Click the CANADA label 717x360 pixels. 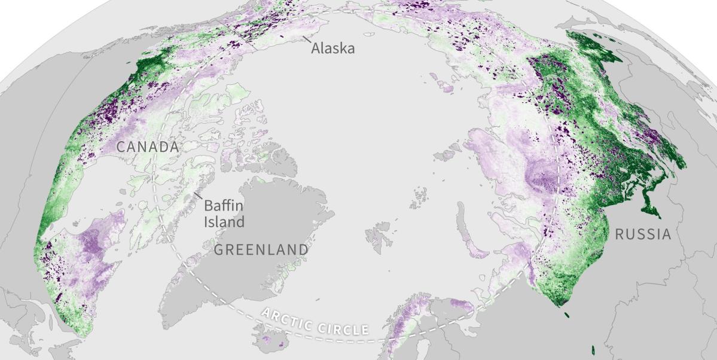pos(147,147)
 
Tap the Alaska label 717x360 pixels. pos(332,48)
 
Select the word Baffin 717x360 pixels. pos(224,206)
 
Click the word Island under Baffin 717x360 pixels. pos(224,222)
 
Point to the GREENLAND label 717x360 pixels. pos(261,249)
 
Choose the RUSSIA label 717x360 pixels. pos(643,234)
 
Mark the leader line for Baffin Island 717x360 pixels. pos(197,196)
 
